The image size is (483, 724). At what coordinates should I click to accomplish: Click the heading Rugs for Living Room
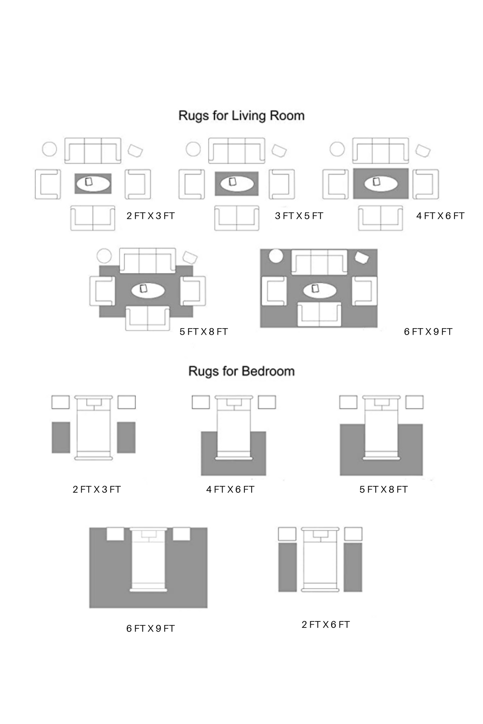click(x=242, y=116)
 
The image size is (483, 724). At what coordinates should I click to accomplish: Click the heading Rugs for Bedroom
click(x=242, y=371)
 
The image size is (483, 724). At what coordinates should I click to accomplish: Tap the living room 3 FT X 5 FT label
click(x=299, y=216)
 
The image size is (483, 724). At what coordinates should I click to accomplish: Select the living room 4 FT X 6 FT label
click(x=440, y=216)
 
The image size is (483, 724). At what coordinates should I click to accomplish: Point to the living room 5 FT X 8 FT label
click(x=204, y=332)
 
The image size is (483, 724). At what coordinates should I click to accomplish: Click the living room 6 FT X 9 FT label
click(x=428, y=332)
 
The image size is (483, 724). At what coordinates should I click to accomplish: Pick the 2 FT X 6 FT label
click(x=326, y=625)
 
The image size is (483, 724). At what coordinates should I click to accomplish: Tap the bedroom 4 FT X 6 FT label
click(x=230, y=490)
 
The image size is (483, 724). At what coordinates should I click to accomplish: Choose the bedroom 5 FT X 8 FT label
click(x=384, y=490)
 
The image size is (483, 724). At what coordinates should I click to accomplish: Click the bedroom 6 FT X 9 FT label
click(x=151, y=629)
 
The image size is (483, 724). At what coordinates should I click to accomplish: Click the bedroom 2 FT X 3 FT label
click(x=97, y=490)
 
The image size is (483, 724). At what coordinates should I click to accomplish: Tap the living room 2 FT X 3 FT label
click(x=151, y=216)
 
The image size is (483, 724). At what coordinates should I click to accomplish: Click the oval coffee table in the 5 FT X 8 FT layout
click(x=148, y=290)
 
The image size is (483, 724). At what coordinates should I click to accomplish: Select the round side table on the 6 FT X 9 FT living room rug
click(x=276, y=256)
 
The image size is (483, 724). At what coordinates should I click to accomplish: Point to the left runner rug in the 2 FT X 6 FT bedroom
click(x=287, y=567)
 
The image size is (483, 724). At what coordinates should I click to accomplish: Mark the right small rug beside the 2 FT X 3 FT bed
click(x=126, y=437)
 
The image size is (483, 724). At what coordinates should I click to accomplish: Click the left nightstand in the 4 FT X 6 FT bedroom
click(x=200, y=402)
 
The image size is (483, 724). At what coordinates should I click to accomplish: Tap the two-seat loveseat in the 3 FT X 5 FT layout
click(x=237, y=218)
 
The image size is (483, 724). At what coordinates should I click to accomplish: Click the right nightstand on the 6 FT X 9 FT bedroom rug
click(x=182, y=534)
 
